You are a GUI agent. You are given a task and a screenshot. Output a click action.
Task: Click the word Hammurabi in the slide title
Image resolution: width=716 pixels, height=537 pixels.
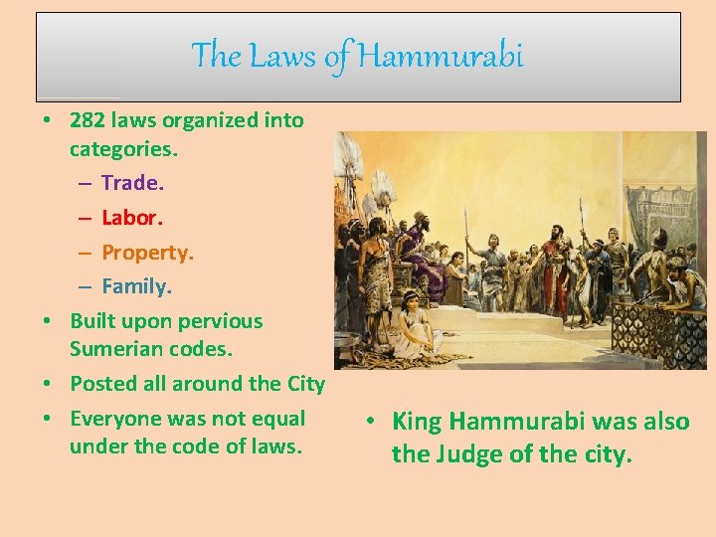(440, 56)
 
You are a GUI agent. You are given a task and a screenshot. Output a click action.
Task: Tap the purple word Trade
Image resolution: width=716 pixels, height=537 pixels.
(132, 183)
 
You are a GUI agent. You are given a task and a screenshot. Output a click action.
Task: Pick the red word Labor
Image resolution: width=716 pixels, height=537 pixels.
(130, 218)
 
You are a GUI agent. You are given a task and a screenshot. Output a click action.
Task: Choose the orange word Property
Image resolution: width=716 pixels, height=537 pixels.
(147, 253)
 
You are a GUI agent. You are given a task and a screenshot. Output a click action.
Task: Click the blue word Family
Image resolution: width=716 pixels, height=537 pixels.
(136, 286)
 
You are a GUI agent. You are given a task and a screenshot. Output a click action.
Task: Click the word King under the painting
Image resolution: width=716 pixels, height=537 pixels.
(418, 422)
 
